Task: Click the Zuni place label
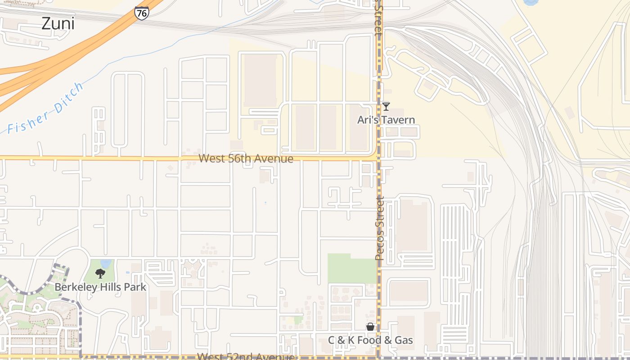[58, 23]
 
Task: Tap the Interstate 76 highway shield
[141, 13]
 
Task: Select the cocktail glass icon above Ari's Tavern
[386, 107]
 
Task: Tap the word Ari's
[367, 120]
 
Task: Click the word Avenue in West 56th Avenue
[276, 158]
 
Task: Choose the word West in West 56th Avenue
[211, 158]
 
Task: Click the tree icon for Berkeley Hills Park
[100, 273]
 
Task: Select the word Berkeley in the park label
[75, 287]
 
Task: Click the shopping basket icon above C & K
[370, 327]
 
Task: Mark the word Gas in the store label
[403, 340]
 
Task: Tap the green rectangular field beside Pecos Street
[351, 268]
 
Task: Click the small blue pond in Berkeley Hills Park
[106, 263]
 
